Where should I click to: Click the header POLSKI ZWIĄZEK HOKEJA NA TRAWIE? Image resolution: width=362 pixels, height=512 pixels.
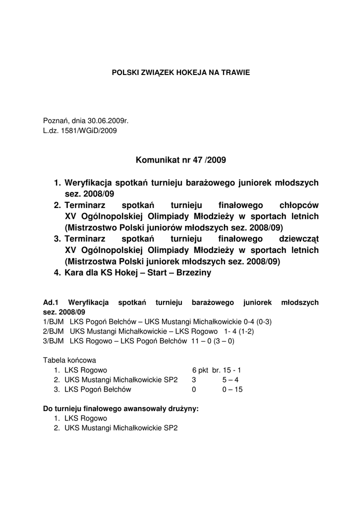click(180, 72)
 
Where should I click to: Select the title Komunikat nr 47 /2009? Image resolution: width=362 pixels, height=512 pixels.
click(180, 160)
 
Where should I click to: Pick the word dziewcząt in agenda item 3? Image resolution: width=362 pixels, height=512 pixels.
click(297, 239)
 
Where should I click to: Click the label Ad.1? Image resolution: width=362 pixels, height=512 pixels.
click(51, 302)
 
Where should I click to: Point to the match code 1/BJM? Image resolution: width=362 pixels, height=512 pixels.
click(53, 321)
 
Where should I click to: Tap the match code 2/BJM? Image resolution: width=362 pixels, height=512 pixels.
click(53, 331)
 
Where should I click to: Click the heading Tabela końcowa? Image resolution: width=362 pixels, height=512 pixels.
click(69, 360)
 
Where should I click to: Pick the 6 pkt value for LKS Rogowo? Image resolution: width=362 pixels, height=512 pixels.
click(200, 370)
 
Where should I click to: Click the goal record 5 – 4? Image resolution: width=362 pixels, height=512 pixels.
click(230, 379)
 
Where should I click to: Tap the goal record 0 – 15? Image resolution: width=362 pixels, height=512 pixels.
click(232, 389)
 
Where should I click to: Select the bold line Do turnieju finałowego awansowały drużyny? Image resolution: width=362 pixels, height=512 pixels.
click(121, 408)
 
